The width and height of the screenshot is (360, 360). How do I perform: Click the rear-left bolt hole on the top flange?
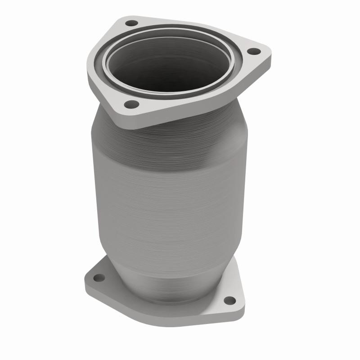tap(131, 22)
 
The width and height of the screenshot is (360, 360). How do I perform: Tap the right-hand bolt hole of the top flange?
tap(252, 51)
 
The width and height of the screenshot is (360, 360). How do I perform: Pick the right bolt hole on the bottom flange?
tap(229, 300)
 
